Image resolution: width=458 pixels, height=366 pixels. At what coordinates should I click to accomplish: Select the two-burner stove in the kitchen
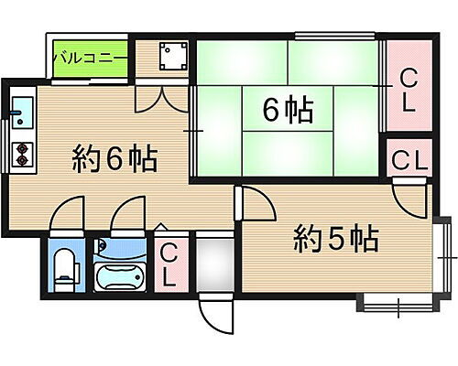(x=21, y=156)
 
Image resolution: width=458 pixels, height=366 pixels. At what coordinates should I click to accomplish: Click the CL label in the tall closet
(x=407, y=91)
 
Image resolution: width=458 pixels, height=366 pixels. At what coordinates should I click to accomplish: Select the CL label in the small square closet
(x=408, y=160)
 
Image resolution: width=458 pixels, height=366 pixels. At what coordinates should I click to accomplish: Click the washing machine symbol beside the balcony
(x=170, y=58)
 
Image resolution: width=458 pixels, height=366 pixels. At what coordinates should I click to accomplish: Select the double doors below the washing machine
(x=151, y=97)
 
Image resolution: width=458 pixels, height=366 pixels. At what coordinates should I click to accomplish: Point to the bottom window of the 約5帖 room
(x=395, y=300)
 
